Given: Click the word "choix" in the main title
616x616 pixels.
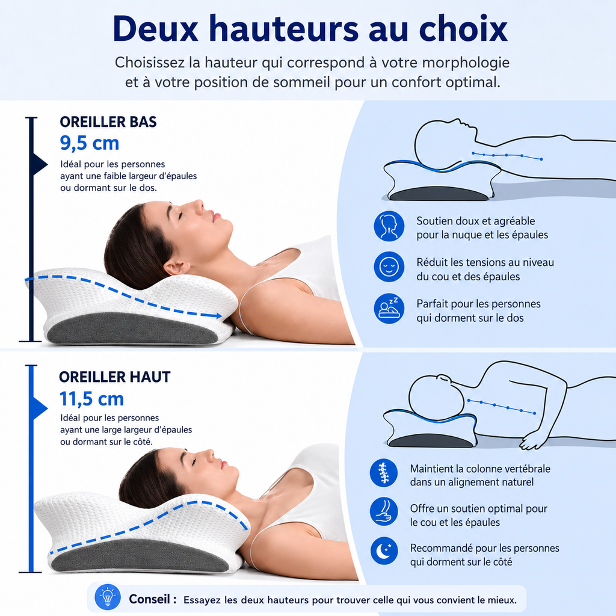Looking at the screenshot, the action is coord(463,29).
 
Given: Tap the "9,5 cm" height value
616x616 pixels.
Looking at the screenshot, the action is coord(90,143).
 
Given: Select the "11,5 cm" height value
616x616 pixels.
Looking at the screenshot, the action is coord(91,398).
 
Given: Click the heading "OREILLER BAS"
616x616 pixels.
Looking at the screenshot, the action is coord(108,122).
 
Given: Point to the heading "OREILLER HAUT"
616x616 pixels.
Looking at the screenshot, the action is coord(114,377).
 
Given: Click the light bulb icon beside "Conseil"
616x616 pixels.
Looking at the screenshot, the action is coord(108,597).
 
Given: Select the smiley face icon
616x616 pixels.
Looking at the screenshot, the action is coord(389,266).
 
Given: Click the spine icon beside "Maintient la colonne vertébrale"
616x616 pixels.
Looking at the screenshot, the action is coord(383,473).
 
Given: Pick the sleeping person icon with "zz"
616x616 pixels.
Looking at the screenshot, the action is coord(389,309).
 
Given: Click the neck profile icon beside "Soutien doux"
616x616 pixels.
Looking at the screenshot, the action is coord(389,226).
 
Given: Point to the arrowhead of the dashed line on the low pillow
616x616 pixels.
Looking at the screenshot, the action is coord(217,315).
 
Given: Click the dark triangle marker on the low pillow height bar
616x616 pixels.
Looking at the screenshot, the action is coord(39,164).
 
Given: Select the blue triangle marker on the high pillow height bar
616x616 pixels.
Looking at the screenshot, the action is coord(39,408).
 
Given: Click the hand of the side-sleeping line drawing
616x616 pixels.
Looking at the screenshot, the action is coord(532,442).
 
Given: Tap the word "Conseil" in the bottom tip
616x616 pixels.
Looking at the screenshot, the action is coord(150,599).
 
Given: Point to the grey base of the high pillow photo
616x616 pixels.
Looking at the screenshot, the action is coord(140,555).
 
